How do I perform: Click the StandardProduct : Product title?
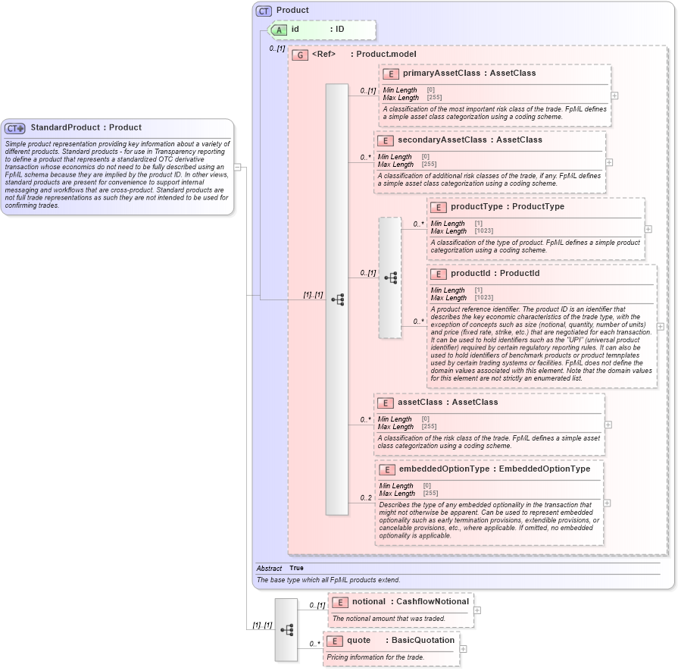(x=86, y=128)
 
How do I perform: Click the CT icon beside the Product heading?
(x=264, y=11)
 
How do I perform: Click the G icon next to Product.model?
(x=300, y=55)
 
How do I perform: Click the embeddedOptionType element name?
(x=444, y=469)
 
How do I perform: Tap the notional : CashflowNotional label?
(x=410, y=602)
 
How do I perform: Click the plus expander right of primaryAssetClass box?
(x=614, y=96)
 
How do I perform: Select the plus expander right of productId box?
(x=661, y=326)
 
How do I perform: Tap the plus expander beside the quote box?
(x=464, y=649)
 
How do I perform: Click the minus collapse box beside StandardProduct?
(x=237, y=168)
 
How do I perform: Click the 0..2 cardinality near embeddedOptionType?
(x=366, y=498)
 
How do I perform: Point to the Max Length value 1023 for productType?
(x=484, y=231)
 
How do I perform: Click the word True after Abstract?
(x=296, y=568)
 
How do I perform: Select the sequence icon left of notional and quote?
(x=286, y=629)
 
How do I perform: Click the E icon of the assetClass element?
(x=385, y=403)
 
